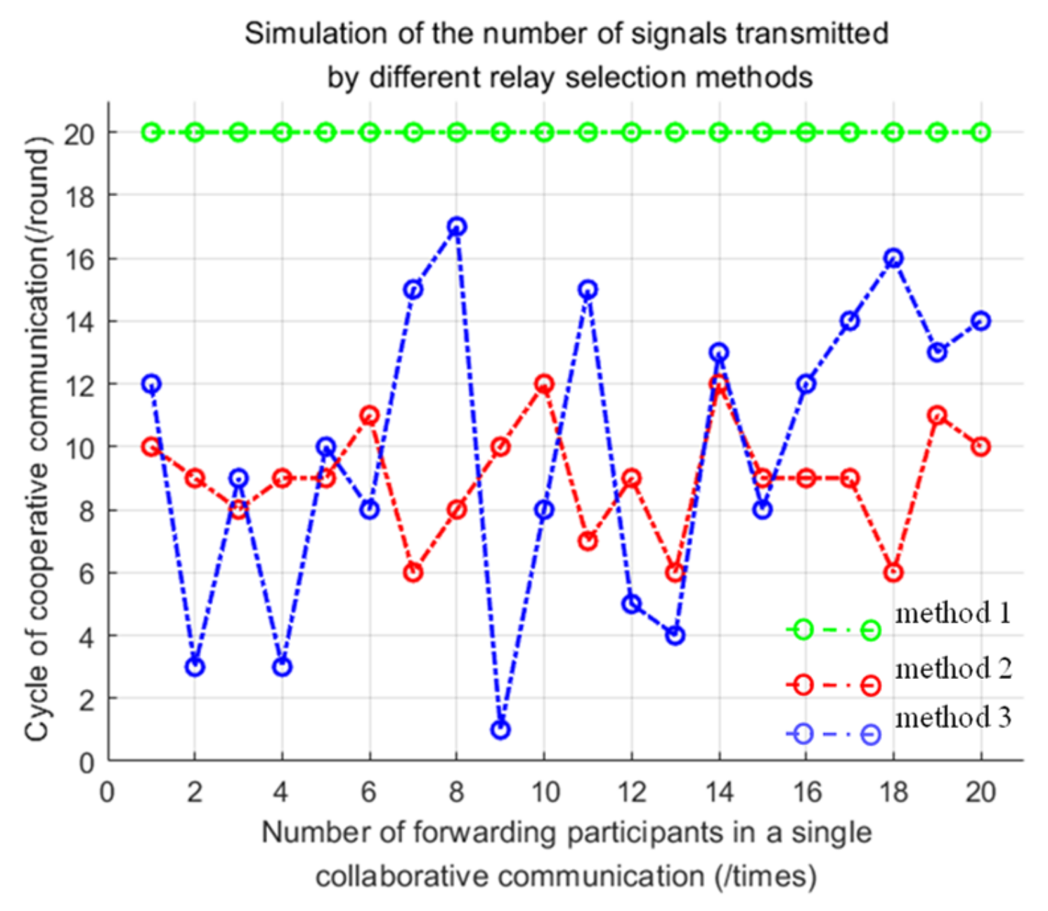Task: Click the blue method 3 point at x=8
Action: (x=457, y=227)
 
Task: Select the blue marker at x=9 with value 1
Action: (x=500, y=730)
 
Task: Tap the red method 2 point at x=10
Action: (x=544, y=384)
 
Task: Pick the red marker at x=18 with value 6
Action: (x=893, y=572)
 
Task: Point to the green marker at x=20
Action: (x=981, y=132)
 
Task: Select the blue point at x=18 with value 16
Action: (x=893, y=258)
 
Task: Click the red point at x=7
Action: (x=413, y=572)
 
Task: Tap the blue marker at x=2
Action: (x=195, y=666)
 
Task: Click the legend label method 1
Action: (x=953, y=614)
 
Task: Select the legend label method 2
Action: (x=953, y=668)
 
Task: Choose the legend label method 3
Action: (x=953, y=718)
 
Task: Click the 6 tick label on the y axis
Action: (x=86, y=574)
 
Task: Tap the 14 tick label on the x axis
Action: (x=718, y=793)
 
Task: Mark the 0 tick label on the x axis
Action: (x=108, y=793)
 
